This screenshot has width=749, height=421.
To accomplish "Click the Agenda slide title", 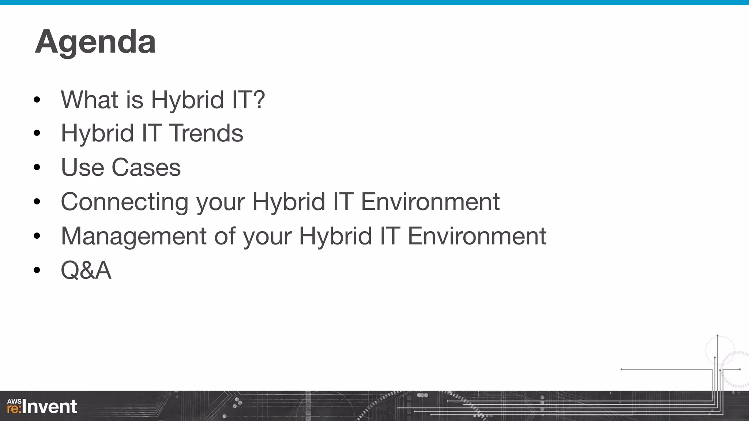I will (x=95, y=42).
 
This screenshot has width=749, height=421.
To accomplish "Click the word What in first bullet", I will (x=90, y=100).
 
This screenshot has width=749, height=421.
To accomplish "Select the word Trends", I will (x=206, y=133).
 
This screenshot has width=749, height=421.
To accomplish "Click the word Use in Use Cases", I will (x=82, y=168).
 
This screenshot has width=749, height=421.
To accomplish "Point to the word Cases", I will (x=146, y=168).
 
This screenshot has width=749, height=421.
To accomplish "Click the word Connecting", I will (x=124, y=202).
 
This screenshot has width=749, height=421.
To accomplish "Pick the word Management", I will (x=134, y=236).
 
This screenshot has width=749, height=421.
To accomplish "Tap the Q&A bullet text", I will (x=86, y=270).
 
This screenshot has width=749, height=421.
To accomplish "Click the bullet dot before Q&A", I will (x=37, y=270).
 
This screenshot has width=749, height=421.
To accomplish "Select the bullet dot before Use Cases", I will (x=37, y=168).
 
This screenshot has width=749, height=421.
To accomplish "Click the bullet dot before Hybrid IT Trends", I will (x=37, y=133).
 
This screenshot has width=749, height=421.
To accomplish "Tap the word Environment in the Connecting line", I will (x=430, y=202).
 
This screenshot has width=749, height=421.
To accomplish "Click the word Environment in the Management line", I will (x=477, y=236).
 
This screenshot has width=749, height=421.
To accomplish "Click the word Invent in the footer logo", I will (x=50, y=407).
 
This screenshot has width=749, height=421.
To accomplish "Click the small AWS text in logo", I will (x=14, y=401).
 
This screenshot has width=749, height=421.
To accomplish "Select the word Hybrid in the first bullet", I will (x=187, y=100).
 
